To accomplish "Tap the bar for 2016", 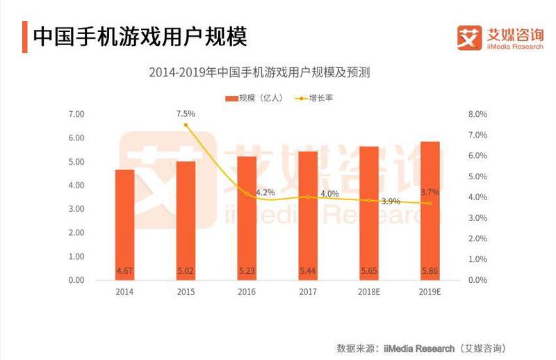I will point(247,218).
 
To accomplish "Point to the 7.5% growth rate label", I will point(186,113).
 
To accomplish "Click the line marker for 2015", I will point(186,125).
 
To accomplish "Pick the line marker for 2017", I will point(308,197).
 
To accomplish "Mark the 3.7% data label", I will point(430,192).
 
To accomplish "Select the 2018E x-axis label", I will point(369,292).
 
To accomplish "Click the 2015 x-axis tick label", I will point(186,292).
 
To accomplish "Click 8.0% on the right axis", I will point(478,114).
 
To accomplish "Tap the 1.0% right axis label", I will point(478,259).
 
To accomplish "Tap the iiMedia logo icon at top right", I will point(469,37).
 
